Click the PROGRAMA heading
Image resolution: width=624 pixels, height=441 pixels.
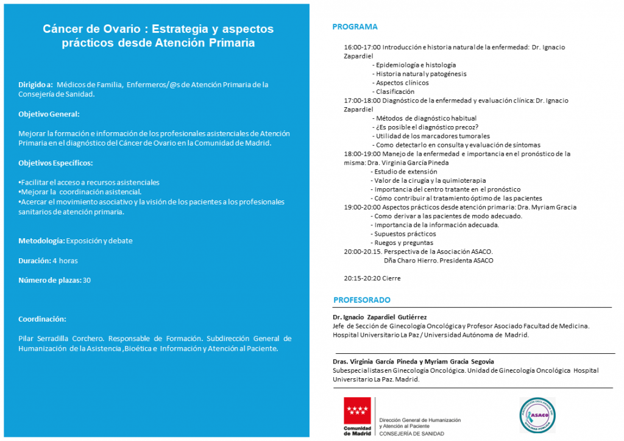coord(355,27)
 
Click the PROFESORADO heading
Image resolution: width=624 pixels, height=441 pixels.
coord(361,300)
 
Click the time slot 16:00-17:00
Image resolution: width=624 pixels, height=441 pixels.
coord(362,47)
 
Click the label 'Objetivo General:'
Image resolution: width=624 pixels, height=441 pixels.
coord(49,114)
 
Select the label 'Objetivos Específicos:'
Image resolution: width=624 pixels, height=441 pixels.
coord(55,163)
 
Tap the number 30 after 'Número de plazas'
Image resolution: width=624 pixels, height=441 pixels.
coord(87,280)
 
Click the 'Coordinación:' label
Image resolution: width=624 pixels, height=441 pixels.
coord(42,319)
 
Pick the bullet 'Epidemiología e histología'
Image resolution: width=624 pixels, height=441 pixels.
coord(416,65)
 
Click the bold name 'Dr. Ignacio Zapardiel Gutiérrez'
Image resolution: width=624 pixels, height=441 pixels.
coord(380,317)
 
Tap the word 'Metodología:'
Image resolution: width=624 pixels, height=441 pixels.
coord(41,241)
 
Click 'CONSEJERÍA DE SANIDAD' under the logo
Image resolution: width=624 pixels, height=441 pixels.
coord(411,434)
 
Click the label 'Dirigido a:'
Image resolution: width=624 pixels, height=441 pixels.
coord(35,85)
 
